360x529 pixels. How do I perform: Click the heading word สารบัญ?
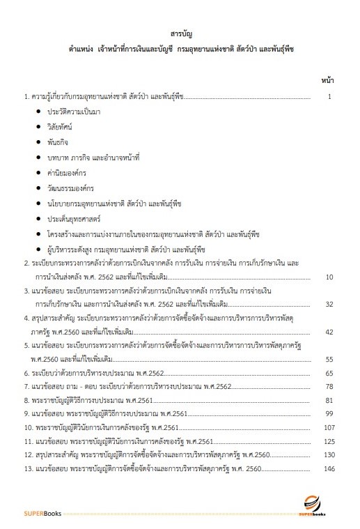[x=180, y=33]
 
